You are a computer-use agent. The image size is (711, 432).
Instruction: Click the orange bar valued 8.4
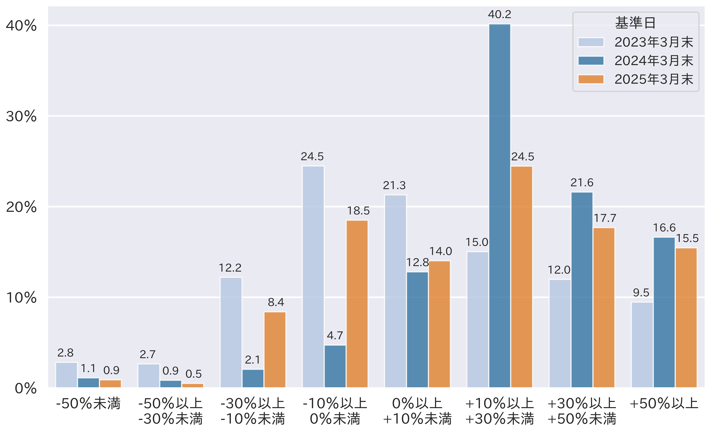point(275,349)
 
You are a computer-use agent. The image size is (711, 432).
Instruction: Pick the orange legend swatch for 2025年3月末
point(591,79)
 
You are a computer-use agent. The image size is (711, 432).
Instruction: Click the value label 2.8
point(65,353)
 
